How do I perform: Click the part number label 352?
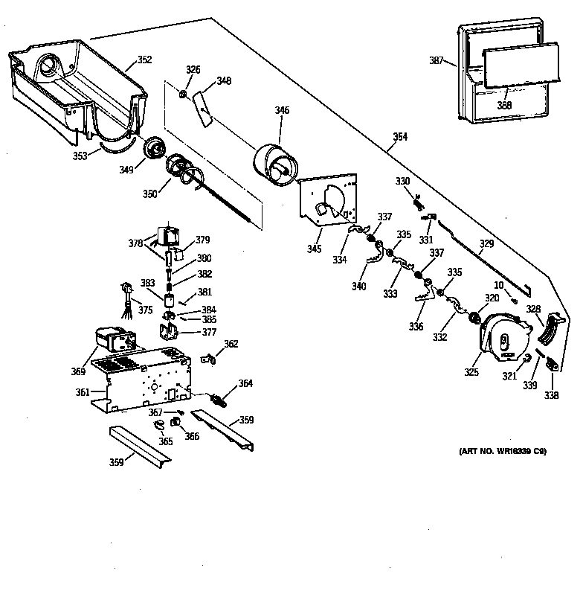(144, 60)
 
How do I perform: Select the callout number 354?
(400, 137)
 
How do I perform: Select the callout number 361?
(83, 391)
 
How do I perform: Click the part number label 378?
(135, 243)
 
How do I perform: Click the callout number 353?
(80, 156)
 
